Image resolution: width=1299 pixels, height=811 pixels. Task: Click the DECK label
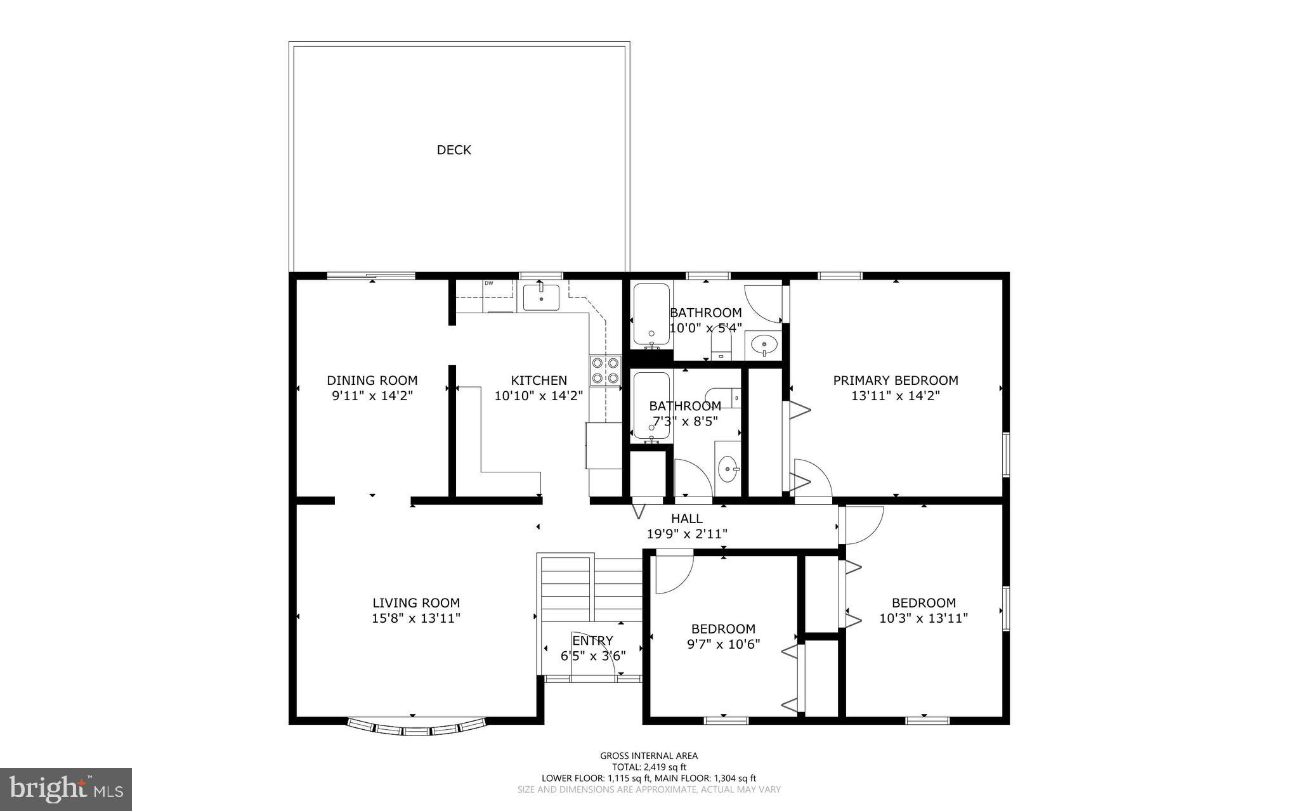454,150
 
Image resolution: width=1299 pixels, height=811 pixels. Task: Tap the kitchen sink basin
541,297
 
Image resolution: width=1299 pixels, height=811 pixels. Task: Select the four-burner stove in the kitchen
605,371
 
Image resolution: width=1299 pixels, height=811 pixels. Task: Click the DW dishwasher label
489,283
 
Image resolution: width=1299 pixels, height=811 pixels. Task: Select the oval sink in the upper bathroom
764,346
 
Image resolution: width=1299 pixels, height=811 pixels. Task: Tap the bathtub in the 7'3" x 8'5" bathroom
651,406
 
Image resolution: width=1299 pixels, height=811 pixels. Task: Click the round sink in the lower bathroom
727,469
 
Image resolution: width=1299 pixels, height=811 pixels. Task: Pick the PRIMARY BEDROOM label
895,380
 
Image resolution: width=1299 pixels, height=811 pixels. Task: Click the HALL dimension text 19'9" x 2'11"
686,535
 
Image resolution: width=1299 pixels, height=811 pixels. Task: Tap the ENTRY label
592,640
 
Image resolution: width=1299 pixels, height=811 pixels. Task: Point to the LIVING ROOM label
415,603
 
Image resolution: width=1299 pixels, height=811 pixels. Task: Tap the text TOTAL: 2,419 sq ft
649,767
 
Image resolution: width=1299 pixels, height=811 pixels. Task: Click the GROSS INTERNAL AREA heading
649,756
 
